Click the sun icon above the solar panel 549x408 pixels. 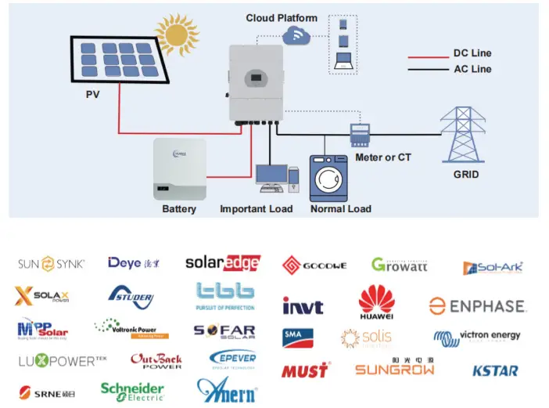pos(177,34)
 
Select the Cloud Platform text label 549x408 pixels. pos(282,18)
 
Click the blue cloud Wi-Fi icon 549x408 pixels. pos(296,34)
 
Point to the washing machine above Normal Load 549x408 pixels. pos(329,179)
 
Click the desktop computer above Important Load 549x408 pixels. pos(273,179)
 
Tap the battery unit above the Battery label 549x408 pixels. pos(180,168)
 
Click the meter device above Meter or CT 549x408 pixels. pos(359,135)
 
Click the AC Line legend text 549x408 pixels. pos(472,69)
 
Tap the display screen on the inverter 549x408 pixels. pos(256,79)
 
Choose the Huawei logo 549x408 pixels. pos(376,303)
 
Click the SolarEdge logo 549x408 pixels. pos(222,263)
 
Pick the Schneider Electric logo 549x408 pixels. pos(132,391)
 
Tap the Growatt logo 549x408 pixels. pos(399,265)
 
